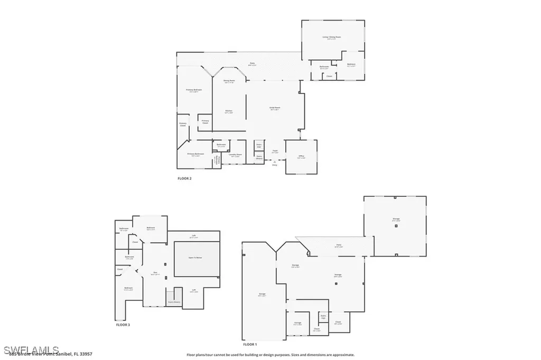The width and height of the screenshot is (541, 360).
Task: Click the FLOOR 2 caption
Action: [x=184, y=179]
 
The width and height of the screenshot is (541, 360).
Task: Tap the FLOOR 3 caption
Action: [x=123, y=325]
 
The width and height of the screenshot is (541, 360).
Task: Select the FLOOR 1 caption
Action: [x=249, y=344]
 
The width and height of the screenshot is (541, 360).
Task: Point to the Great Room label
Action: [x=275, y=108]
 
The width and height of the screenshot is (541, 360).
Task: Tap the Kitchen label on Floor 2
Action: [x=229, y=111]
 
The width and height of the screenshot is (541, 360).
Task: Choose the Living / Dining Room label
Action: [x=331, y=37]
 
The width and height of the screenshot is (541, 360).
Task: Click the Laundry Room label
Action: [x=236, y=155]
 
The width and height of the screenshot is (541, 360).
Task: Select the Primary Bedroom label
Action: [x=194, y=90]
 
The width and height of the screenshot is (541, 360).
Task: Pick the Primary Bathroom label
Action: [x=195, y=154]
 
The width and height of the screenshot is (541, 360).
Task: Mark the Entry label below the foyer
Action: [x=274, y=165]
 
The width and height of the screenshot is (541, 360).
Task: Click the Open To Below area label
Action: [x=196, y=257]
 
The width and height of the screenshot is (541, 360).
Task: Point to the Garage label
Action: [x=262, y=295]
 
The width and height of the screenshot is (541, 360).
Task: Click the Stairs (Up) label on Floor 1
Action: [x=323, y=317]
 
